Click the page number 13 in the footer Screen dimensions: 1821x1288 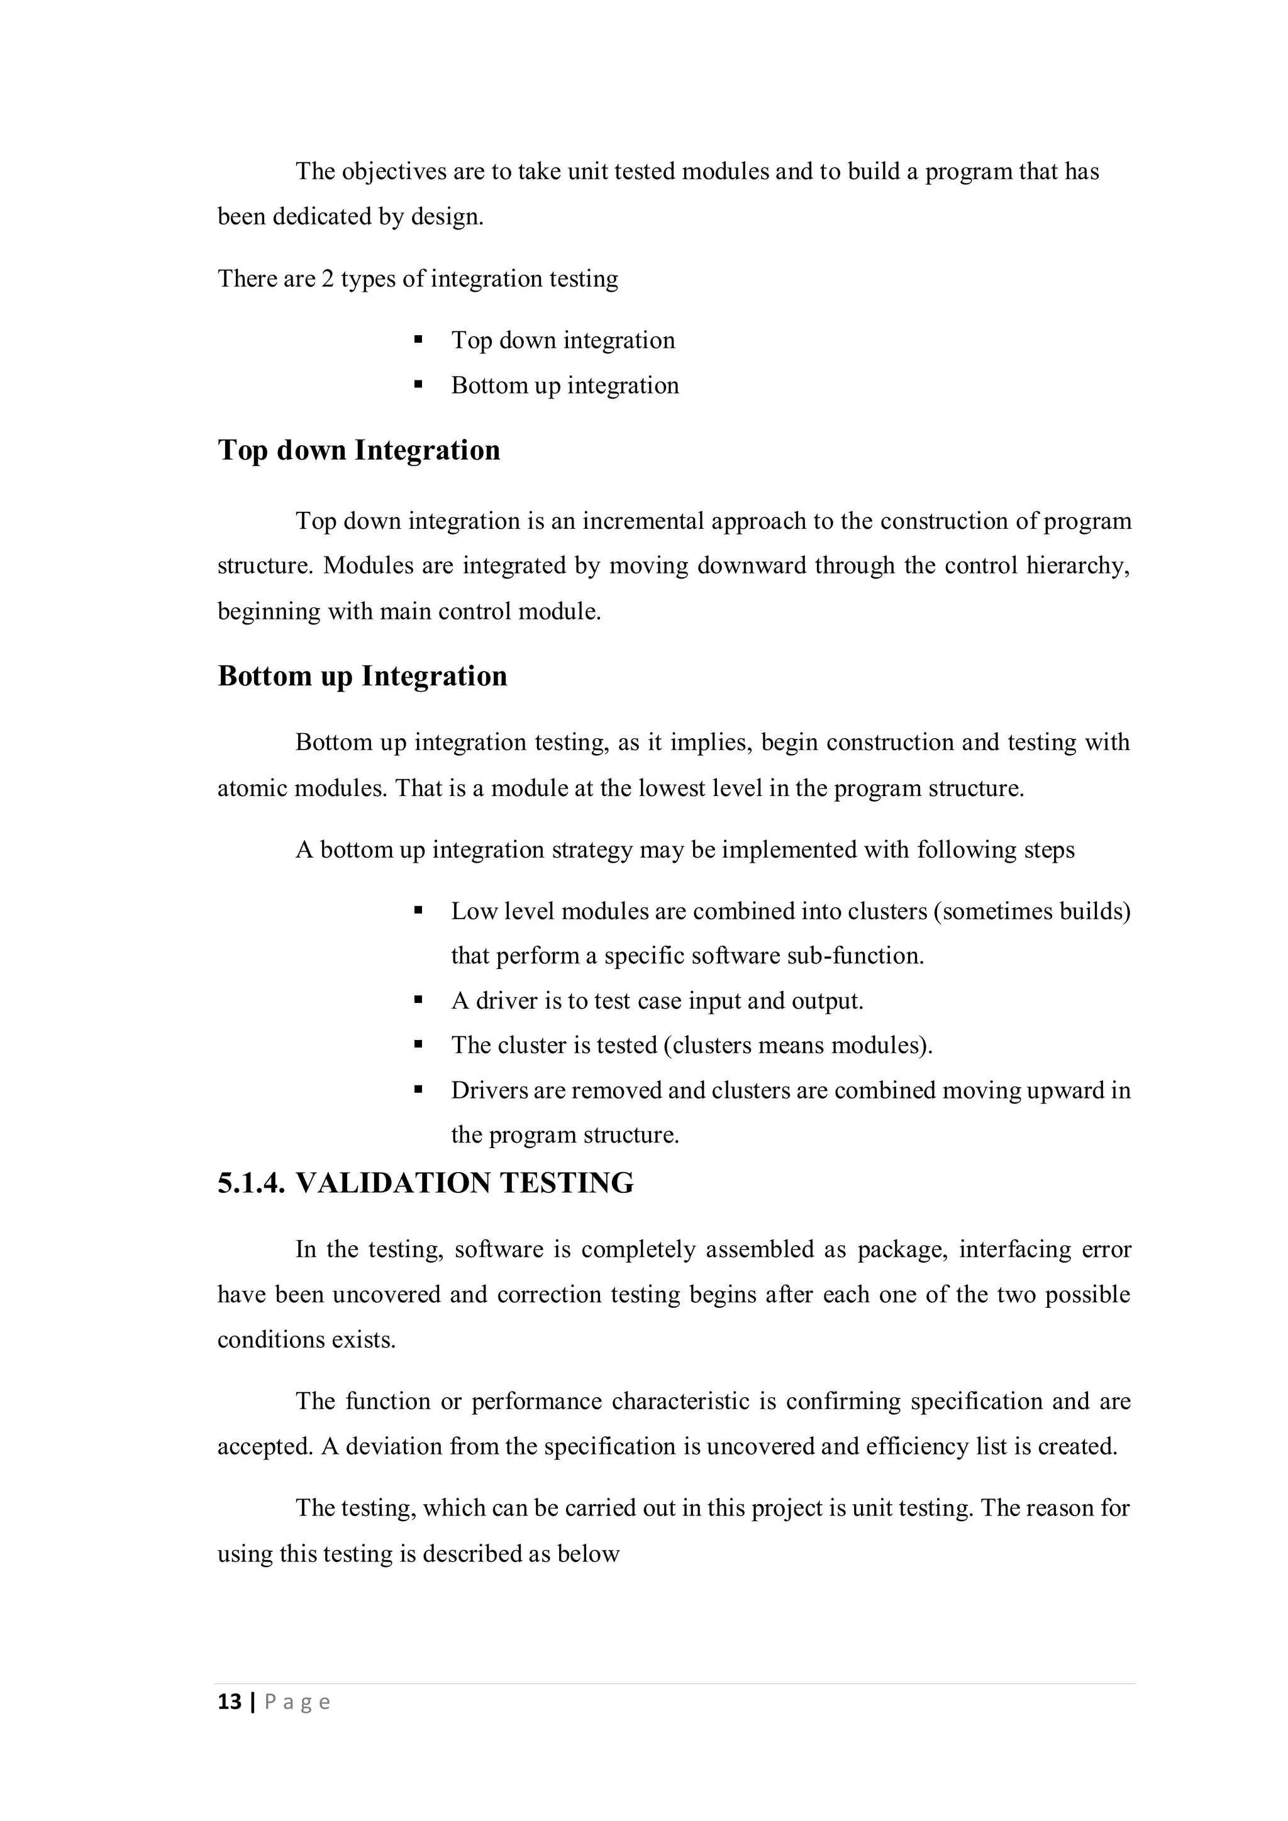click(x=229, y=1702)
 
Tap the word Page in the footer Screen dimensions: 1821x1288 click(x=297, y=1702)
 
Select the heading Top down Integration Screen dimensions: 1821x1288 click(x=358, y=450)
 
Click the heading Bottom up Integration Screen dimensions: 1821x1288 click(x=362, y=676)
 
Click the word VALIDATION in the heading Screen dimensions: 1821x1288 click(x=392, y=1183)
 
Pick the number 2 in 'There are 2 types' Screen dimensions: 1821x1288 click(x=328, y=279)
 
